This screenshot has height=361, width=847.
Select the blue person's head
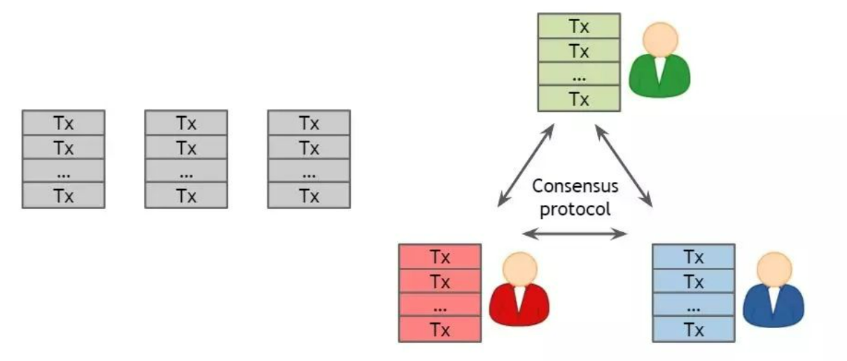(773, 269)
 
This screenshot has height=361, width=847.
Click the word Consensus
(575, 186)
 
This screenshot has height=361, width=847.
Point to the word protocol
(575, 208)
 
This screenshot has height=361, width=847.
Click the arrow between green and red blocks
(526, 165)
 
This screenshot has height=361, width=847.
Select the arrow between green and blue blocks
(624, 165)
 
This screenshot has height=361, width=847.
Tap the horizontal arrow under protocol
(575, 234)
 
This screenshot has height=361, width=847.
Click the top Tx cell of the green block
(579, 27)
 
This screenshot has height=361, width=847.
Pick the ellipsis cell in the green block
(579, 74)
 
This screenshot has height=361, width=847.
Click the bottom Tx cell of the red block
(440, 329)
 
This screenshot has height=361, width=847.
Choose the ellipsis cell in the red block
(440, 305)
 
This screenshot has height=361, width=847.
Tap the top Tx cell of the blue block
(694, 256)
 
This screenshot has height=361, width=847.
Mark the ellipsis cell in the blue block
(694, 305)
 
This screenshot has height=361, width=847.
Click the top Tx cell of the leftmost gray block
(64, 123)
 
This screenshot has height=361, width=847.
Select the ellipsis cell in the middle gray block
(186, 171)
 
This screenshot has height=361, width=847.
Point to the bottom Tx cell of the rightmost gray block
(309, 196)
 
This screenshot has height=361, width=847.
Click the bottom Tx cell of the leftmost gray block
(64, 196)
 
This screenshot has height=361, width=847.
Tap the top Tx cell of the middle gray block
(186, 123)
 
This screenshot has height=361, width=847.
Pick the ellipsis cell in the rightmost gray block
(309, 171)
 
